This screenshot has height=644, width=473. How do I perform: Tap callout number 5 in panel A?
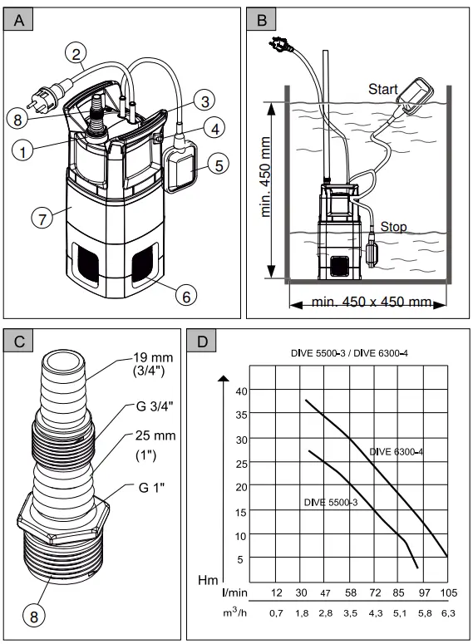point(219,165)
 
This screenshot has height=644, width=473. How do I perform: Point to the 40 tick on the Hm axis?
point(241,391)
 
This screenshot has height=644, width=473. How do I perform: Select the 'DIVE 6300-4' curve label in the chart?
point(396,451)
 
